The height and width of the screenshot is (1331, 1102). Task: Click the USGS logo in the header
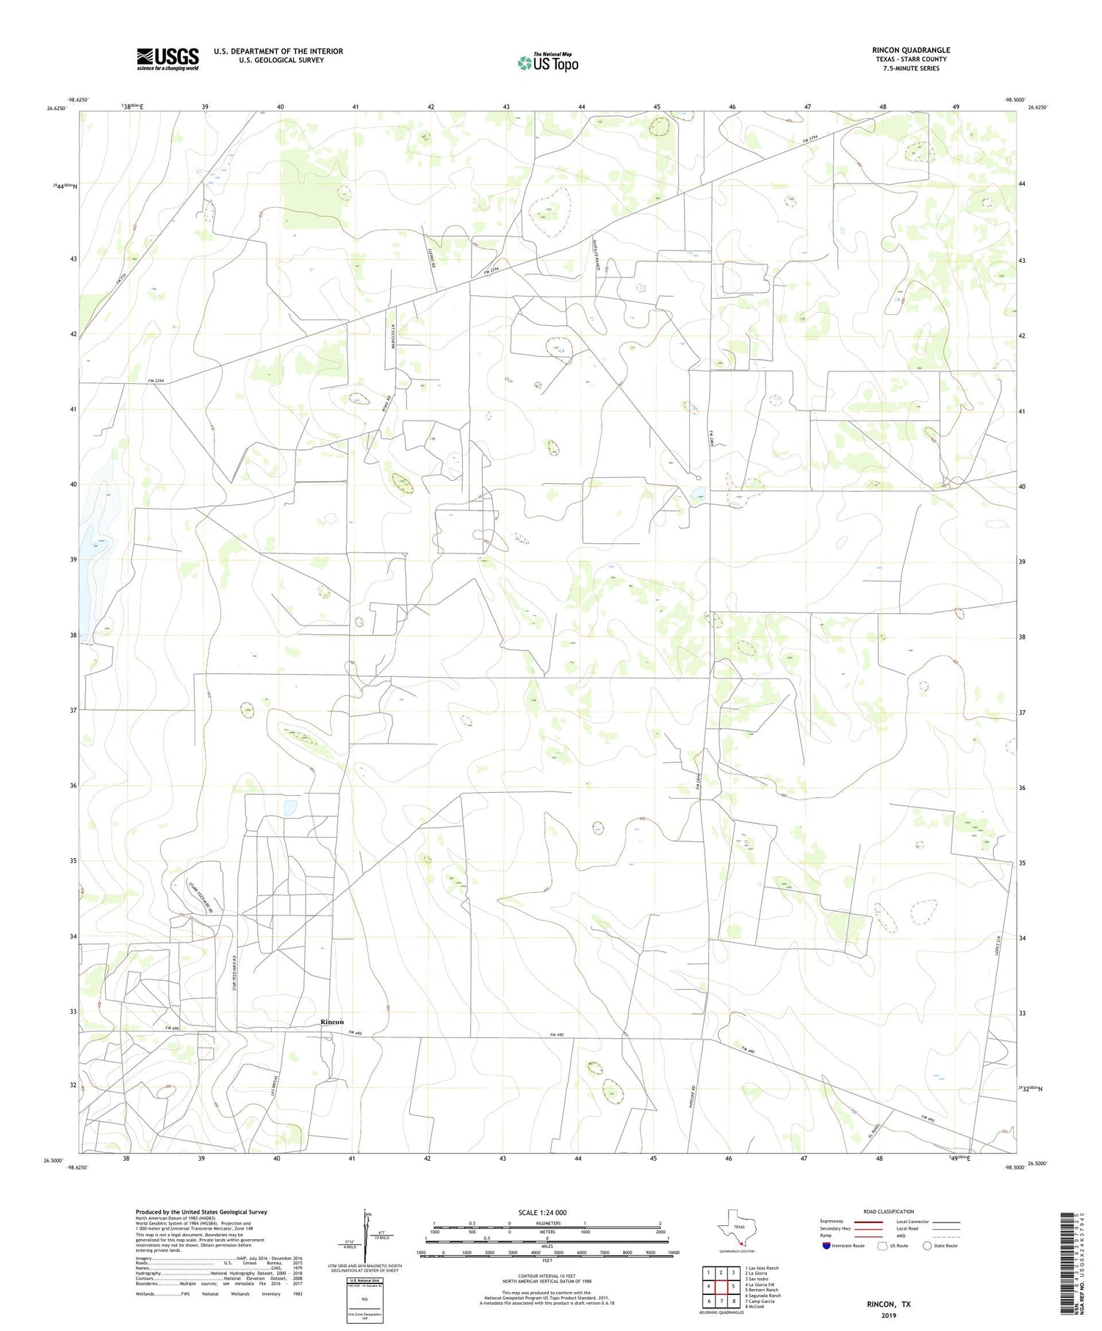coord(168,59)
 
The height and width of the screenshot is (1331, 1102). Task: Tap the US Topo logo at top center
coord(547,63)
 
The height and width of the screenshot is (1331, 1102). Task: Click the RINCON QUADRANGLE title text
coord(910,50)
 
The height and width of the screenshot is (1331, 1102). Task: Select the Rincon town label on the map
coord(332,1022)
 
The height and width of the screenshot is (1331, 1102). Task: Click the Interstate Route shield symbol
coord(826,1246)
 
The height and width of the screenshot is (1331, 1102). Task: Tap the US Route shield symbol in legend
coord(882,1246)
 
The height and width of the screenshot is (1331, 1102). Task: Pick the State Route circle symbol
coord(927,1246)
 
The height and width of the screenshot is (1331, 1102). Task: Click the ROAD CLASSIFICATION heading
coord(888,1211)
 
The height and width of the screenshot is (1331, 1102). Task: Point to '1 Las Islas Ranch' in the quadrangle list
coord(762,1268)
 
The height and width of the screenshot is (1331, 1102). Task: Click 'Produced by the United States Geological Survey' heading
coord(201,1212)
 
